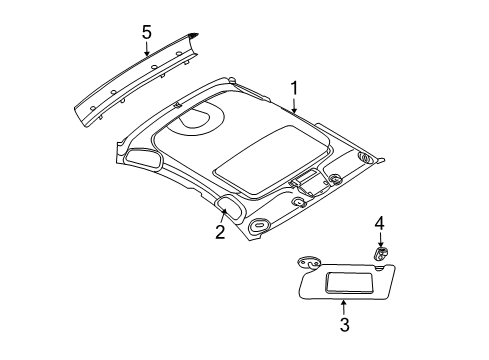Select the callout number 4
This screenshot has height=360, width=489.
[x=379, y=249]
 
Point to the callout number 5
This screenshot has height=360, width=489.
[x=146, y=33]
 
